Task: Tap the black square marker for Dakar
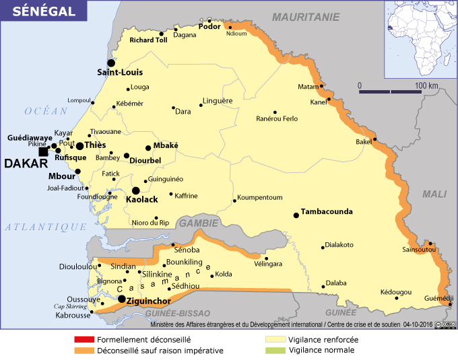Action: tap(43, 152)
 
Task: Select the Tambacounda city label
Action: tap(327, 211)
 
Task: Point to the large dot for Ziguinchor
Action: tap(121, 299)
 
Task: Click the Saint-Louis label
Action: tap(120, 72)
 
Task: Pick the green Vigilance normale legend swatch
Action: tap(275, 351)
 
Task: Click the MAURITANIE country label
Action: tap(306, 17)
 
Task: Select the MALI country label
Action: tap(434, 194)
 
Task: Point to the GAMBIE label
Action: tap(198, 223)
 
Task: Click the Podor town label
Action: tap(209, 27)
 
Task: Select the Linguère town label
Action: tap(218, 100)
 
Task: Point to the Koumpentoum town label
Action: tap(260, 197)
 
